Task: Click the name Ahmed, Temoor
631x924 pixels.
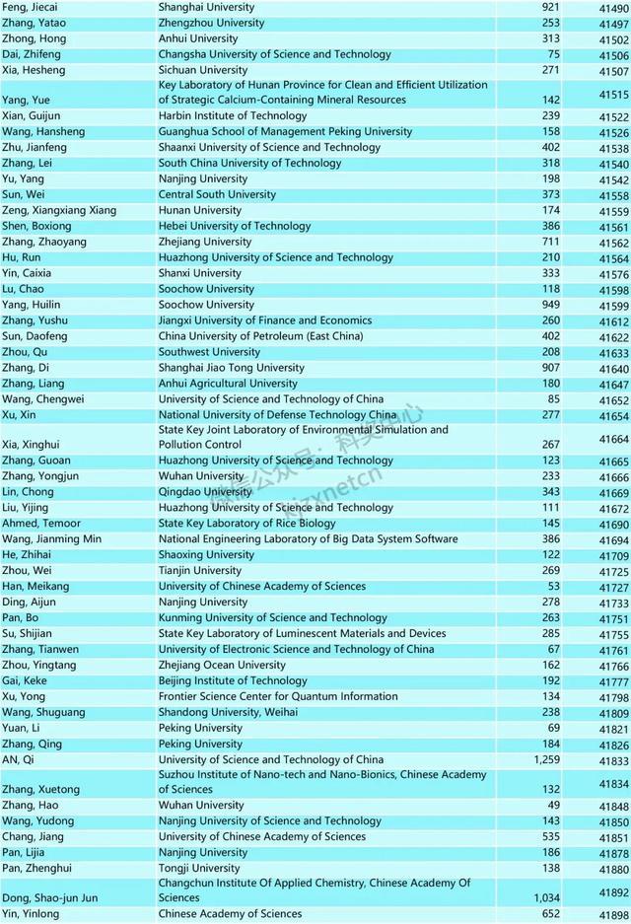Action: click(x=37, y=524)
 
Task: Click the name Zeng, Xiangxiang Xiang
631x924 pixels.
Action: click(x=59, y=211)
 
